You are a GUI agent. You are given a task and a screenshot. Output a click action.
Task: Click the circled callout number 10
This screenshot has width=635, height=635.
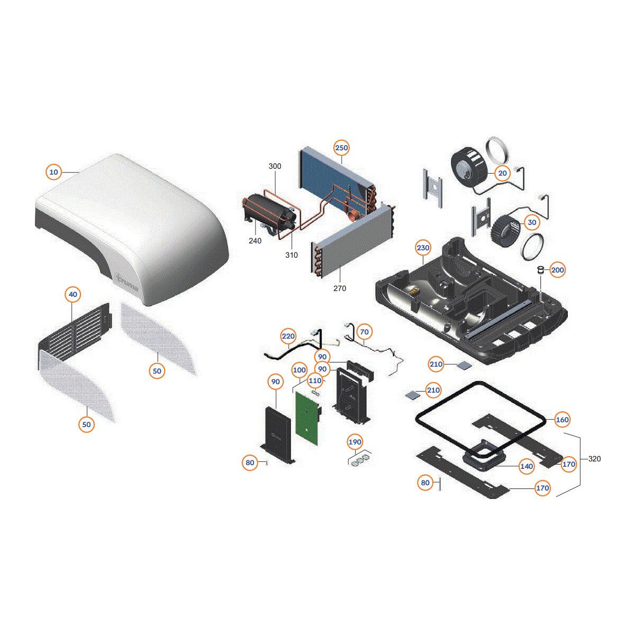(53, 171)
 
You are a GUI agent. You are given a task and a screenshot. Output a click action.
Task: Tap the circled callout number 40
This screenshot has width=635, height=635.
(73, 294)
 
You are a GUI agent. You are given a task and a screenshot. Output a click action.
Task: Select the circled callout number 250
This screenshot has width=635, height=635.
(341, 148)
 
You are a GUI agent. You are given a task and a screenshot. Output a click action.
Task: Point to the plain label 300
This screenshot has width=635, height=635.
(275, 166)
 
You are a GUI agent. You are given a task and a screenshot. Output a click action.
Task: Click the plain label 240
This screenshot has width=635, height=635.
(255, 241)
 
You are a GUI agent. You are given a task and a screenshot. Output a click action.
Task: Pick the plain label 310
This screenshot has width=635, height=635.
(291, 255)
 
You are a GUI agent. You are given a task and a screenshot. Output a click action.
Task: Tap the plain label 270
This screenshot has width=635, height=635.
(340, 288)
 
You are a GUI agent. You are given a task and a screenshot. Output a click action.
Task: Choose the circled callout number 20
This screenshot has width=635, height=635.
(503, 173)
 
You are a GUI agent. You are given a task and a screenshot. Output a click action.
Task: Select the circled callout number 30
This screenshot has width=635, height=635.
(532, 222)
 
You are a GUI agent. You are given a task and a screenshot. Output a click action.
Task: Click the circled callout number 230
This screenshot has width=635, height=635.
(423, 248)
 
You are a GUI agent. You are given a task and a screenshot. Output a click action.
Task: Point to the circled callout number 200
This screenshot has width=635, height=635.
(558, 270)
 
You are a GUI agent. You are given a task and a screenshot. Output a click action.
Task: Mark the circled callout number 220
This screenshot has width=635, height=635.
(288, 336)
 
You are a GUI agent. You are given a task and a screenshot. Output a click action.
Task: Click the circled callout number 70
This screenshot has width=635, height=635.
(365, 332)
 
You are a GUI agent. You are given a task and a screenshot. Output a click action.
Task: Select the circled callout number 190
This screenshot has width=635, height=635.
(355, 442)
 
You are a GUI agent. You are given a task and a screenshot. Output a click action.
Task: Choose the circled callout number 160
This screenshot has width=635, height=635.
(562, 420)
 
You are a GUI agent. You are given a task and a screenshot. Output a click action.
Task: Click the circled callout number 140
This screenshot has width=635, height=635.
(526, 466)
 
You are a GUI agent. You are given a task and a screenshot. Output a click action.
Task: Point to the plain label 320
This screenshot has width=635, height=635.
(594, 459)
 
